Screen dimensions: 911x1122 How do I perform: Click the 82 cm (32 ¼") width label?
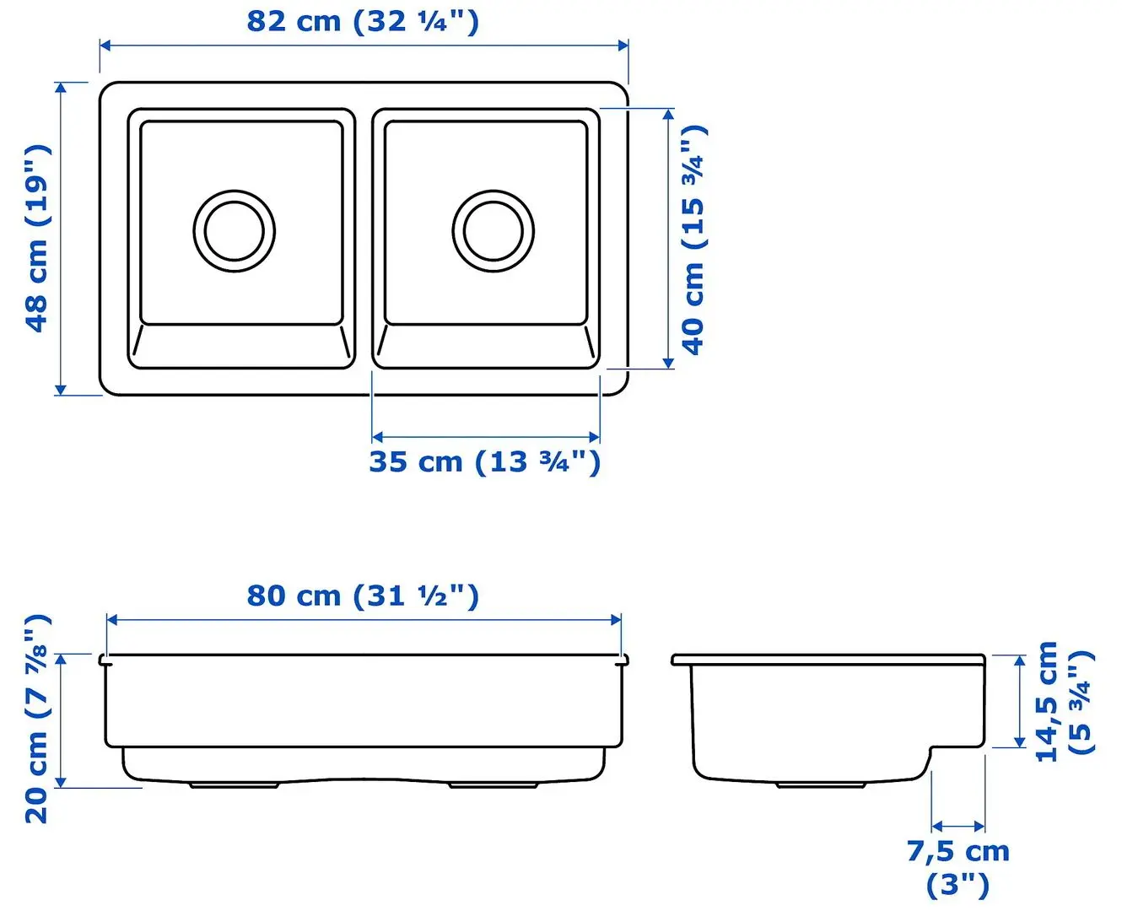363,21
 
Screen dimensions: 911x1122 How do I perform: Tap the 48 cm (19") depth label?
37,238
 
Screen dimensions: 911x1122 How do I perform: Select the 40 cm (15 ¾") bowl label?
693,240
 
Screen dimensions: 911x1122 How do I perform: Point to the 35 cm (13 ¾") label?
485,462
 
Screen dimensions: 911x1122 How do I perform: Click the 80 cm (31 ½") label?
363,596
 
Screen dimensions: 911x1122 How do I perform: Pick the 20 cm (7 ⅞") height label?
38,719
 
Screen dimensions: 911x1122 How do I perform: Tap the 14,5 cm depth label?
1047,702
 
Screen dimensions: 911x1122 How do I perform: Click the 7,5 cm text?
958,852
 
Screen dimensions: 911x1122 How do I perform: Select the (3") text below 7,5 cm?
957,885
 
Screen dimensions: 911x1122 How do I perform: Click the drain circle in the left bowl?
235,230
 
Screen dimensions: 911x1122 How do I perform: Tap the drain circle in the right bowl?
493,230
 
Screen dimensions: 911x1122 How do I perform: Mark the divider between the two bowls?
364,239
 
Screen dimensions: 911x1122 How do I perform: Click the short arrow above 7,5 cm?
958,827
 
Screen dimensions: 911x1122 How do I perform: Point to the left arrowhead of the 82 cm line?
105,45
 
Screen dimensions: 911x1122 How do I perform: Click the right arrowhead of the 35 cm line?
595,437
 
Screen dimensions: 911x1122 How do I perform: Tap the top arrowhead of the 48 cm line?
61,87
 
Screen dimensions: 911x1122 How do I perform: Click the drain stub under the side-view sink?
822,784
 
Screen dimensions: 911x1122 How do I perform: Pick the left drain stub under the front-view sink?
234,785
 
